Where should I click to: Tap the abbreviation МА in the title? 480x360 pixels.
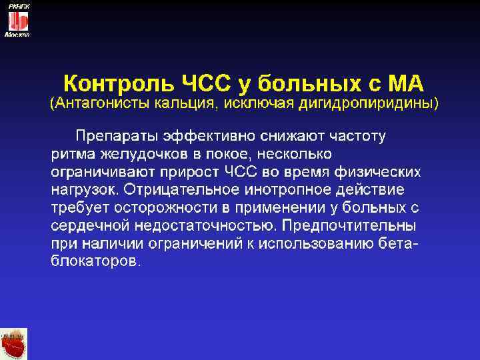pyautogui.click(x=404, y=85)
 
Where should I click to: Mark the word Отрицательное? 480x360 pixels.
pyautogui.click(x=176, y=190)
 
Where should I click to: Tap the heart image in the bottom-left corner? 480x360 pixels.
pyautogui.click(x=14, y=344)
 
